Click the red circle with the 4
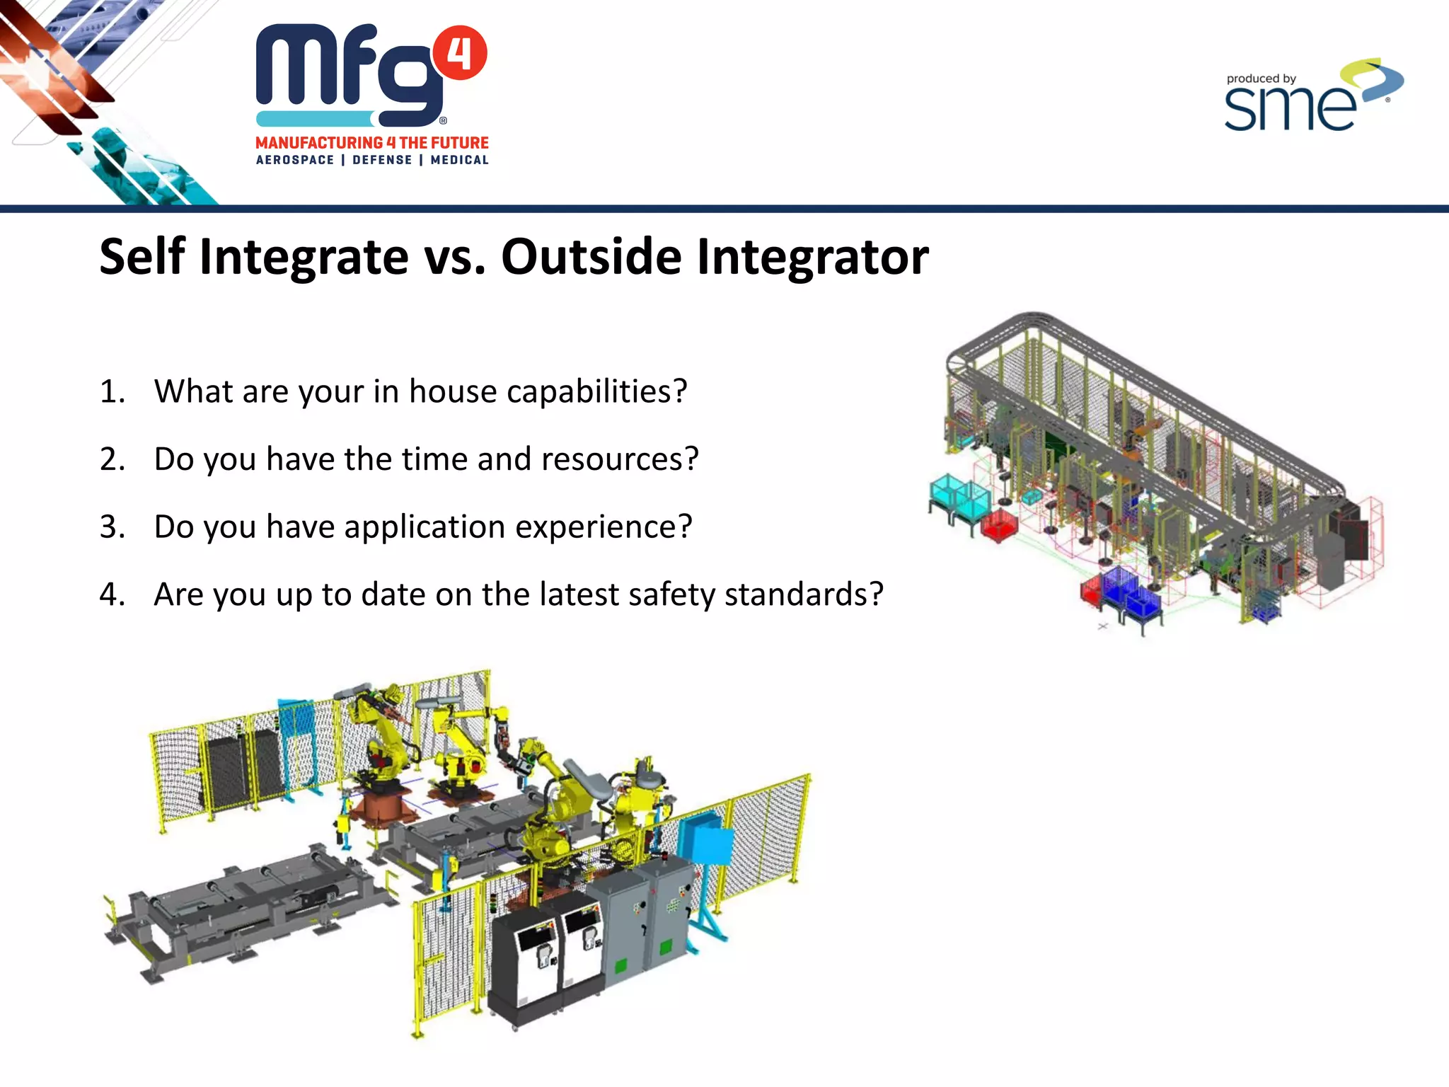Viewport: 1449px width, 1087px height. point(460,53)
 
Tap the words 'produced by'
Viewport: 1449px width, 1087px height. point(1261,79)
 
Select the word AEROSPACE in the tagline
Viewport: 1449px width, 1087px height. point(295,160)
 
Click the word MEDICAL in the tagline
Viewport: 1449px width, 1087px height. point(459,160)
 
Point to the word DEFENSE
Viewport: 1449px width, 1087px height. point(382,160)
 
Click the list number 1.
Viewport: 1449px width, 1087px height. point(112,391)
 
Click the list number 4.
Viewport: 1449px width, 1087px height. point(112,594)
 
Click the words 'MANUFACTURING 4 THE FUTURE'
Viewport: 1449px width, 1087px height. point(372,143)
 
